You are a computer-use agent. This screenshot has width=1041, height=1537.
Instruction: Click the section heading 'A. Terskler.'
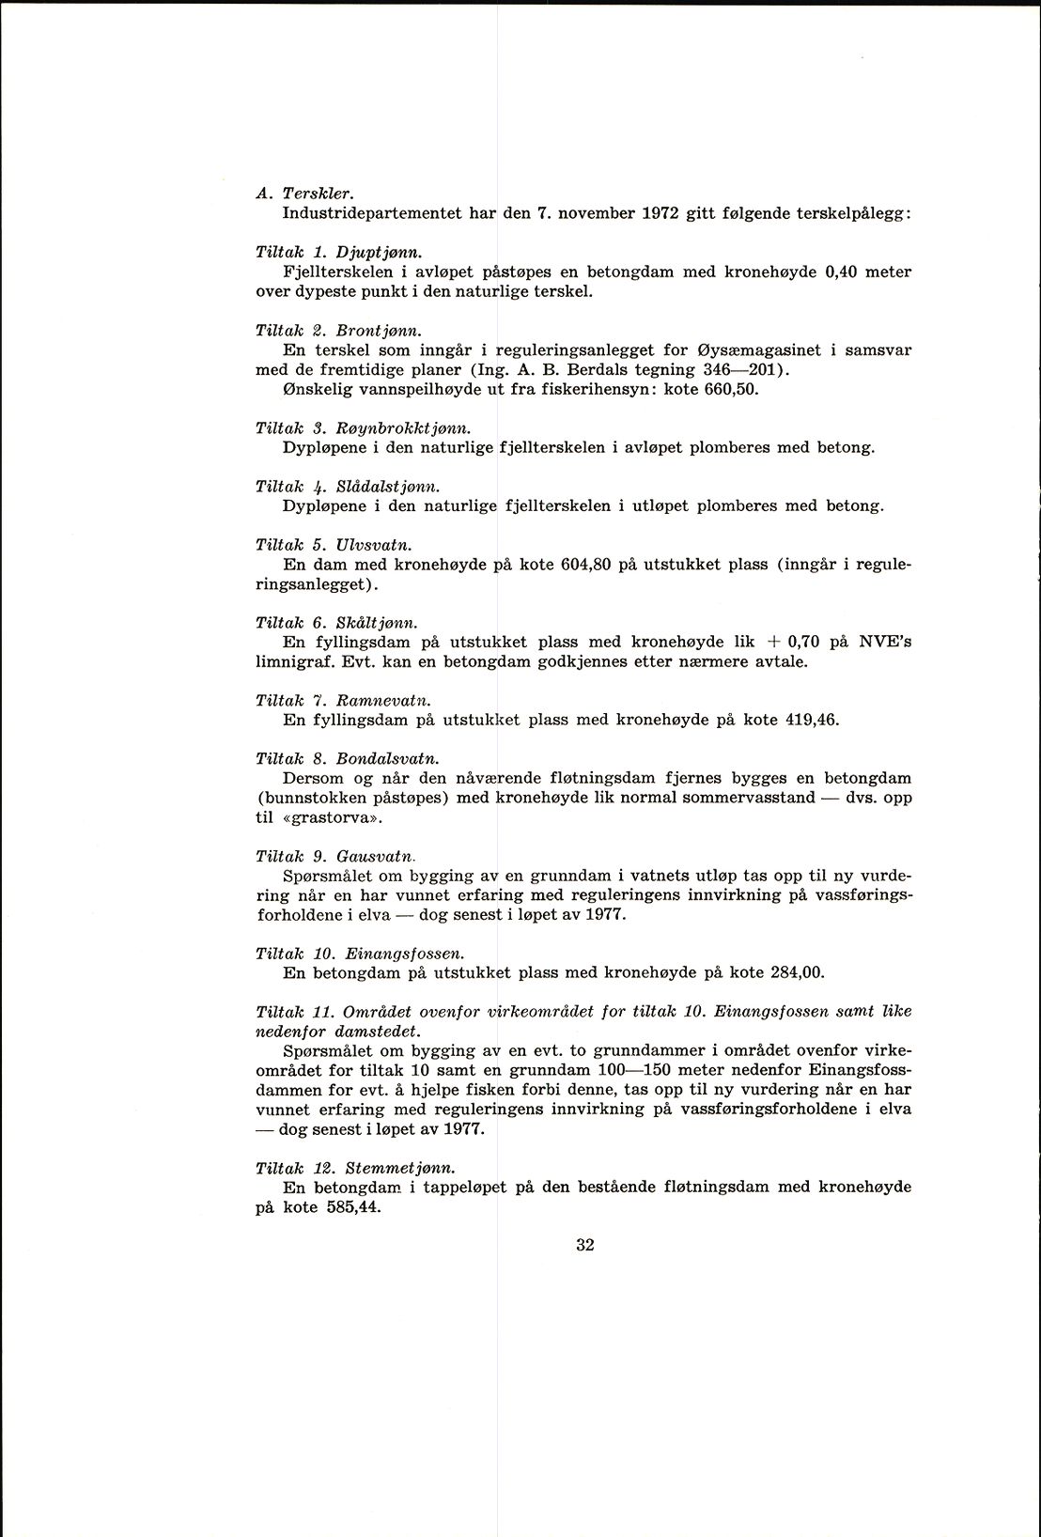303,194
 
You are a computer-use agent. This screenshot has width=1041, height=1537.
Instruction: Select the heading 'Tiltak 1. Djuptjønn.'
337,252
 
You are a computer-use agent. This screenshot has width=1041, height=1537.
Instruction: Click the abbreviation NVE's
887,643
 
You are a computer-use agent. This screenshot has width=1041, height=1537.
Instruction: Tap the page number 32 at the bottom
584,1246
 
